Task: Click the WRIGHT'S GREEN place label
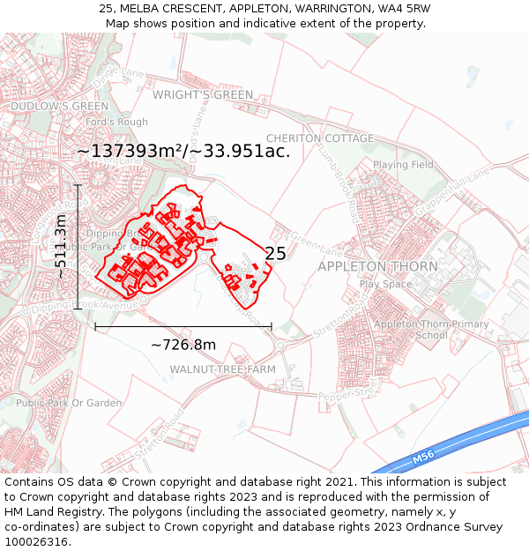point(202,95)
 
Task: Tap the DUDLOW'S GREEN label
point(59,107)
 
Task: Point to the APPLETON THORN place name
point(377,266)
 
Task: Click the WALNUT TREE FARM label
point(222,369)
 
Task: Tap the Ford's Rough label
point(116,122)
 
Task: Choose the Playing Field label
point(403,165)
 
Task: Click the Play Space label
point(385,284)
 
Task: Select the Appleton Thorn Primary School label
point(431,330)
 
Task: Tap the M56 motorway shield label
point(423,458)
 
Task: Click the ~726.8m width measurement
point(183,345)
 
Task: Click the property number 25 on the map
point(275,254)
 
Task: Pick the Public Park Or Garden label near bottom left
point(69,403)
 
